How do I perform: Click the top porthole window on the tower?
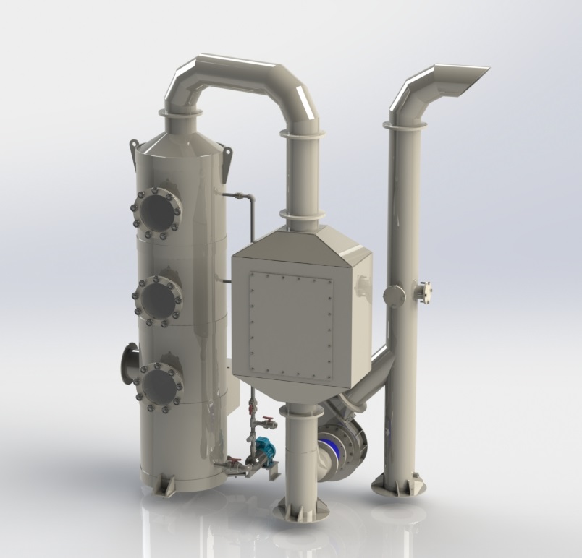point(157,211)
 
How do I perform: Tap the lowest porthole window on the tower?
point(159,386)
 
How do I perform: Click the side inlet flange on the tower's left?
point(130,364)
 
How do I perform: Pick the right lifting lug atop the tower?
point(227,159)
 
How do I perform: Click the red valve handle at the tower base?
point(234,461)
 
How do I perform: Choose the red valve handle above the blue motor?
point(269,420)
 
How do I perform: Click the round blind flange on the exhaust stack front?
point(395,296)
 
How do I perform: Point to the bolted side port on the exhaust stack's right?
point(423,291)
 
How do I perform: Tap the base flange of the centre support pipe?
point(300,510)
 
